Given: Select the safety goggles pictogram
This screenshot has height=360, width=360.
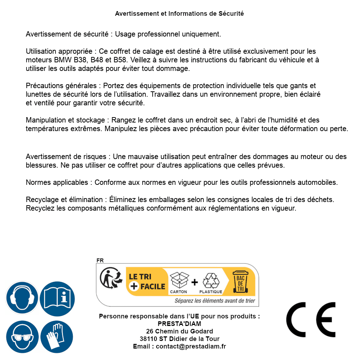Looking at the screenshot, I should pos(22,337).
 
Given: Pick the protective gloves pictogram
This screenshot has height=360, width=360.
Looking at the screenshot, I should pos(57,337).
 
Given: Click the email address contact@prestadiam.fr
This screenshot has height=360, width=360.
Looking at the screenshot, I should pos(191,346).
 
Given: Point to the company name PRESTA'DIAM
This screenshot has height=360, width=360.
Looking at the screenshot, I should pos(179,324).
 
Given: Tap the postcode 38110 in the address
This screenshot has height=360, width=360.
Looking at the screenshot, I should pos(148,339).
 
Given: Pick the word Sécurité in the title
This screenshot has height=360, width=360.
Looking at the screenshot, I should pos(231,14).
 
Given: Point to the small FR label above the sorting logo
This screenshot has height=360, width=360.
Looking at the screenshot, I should pos(100,260).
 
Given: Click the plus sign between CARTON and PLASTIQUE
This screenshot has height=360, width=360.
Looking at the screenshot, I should pos(195,282).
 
